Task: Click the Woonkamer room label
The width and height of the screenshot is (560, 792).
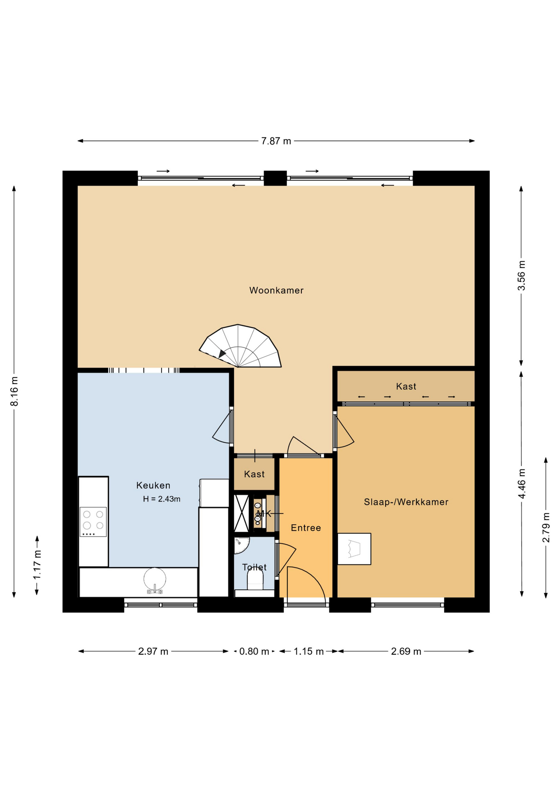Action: click(x=276, y=290)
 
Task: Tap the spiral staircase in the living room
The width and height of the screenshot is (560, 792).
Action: click(x=240, y=346)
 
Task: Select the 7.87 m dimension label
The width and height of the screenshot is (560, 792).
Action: click(x=276, y=141)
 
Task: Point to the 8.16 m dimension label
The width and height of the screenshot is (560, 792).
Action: click(x=14, y=391)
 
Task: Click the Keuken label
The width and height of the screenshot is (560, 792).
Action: click(x=153, y=486)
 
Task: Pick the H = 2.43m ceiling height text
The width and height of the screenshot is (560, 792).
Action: click(x=162, y=499)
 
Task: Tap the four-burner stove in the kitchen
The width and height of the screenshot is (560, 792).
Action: click(x=93, y=521)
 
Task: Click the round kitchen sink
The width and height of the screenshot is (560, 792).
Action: click(x=155, y=579)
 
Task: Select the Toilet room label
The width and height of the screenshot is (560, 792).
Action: click(x=254, y=567)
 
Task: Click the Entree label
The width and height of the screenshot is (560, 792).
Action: click(x=306, y=528)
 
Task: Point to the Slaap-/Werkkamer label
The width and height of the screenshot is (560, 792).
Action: click(x=406, y=502)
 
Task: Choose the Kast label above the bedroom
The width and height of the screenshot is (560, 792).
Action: click(x=406, y=387)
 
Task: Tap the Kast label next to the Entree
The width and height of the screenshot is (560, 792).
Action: click(x=254, y=474)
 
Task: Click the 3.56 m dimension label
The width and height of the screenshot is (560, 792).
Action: click(x=522, y=276)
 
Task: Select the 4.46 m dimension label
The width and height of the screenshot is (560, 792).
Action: click(x=522, y=483)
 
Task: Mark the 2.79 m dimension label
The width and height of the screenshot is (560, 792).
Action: click(x=546, y=528)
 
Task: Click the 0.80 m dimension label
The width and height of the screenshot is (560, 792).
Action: click(x=254, y=651)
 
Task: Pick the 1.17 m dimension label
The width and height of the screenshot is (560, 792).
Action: click(x=38, y=565)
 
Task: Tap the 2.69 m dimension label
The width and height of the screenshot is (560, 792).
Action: click(x=406, y=651)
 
